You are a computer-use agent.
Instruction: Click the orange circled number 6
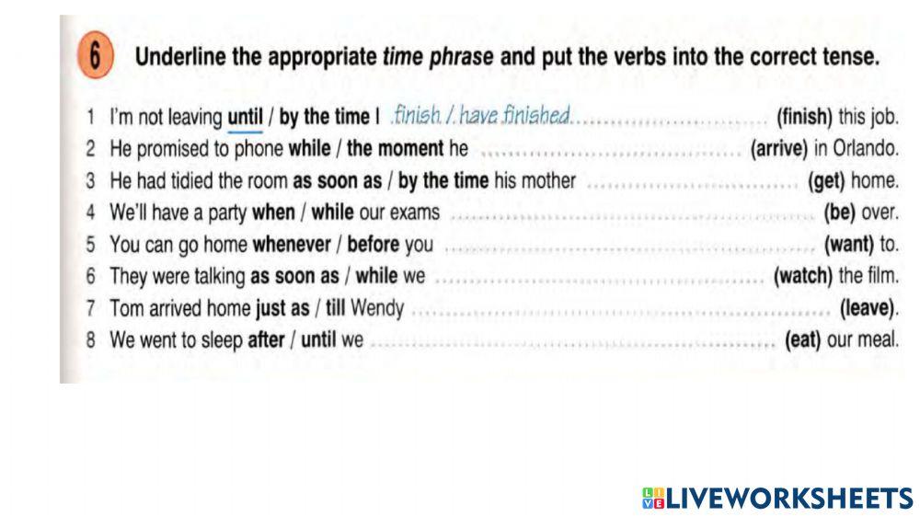click(x=94, y=57)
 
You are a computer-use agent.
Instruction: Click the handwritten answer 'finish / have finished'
click(x=481, y=115)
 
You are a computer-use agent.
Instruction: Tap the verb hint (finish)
click(x=805, y=117)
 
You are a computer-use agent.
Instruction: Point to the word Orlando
click(x=869, y=149)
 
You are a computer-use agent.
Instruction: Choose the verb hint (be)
click(x=840, y=213)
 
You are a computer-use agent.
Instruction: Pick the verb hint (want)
click(x=850, y=246)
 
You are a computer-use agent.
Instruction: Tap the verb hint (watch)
click(x=804, y=276)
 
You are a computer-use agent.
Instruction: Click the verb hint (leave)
click(x=868, y=308)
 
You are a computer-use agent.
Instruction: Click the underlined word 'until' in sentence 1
click(x=245, y=118)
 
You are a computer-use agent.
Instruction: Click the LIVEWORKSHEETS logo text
click(x=778, y=498)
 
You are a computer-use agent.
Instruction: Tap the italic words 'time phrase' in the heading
click(x=438, y=57)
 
